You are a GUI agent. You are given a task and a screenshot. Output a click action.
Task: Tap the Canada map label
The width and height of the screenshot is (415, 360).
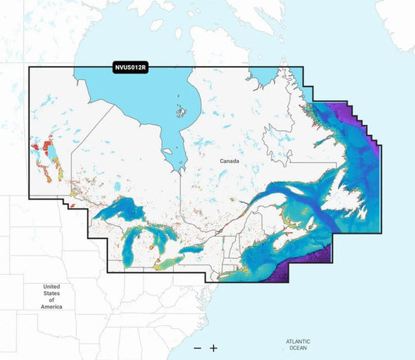pyautogui.click(x=230, y=161)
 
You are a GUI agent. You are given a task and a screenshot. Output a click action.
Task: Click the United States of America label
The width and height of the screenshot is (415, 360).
pyautogui.click(x=51, y=296)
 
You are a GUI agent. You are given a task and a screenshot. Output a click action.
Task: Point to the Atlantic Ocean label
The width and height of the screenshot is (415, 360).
pyautogui.click(x=297, y=344)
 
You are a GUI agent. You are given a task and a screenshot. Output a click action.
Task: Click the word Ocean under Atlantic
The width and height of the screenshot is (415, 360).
pyautogui.click(x=297, y=348)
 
